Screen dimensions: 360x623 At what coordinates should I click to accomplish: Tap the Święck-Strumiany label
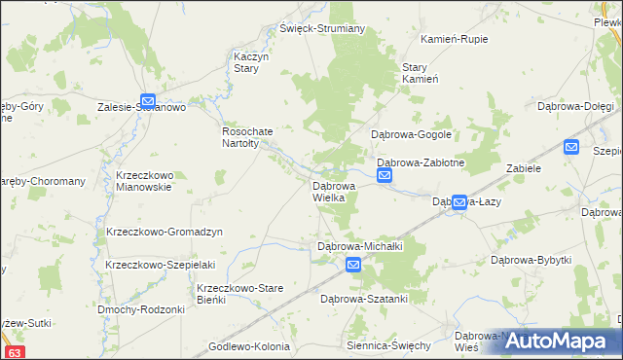coord(322,28)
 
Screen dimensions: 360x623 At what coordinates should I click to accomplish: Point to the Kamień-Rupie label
coord(454,39)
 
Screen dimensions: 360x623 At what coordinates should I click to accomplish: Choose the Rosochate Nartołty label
coord(250,137)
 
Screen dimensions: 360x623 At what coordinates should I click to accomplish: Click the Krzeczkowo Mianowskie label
coord(143,181)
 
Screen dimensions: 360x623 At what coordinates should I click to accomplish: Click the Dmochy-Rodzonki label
coord(141,309)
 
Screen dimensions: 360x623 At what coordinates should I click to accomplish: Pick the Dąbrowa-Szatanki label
coord(363,299)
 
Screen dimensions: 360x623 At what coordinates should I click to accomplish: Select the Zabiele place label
coord(524,167)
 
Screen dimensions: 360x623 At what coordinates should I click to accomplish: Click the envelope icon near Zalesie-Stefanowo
coord(148,99)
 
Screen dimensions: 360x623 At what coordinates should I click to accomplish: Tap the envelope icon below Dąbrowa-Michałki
coord(353,265)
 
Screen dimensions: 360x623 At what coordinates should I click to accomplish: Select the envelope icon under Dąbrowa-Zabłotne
coord(385,176)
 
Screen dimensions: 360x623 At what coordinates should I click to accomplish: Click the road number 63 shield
coord(14,352)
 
